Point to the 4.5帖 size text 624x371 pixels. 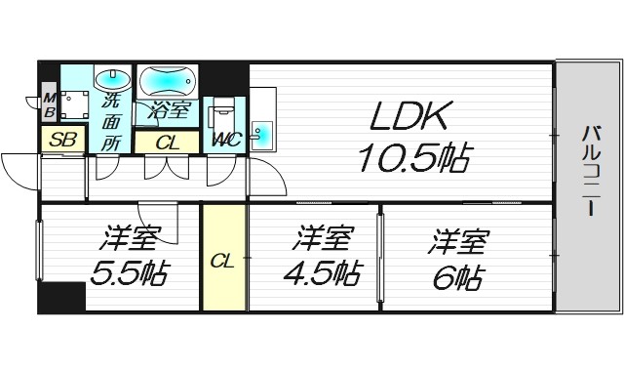click(318, 272)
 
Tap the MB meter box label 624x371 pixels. click(49, 104)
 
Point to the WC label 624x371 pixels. click(225, 140)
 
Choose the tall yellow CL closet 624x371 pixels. click(224, 259)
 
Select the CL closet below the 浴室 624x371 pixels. click(167, 142)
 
